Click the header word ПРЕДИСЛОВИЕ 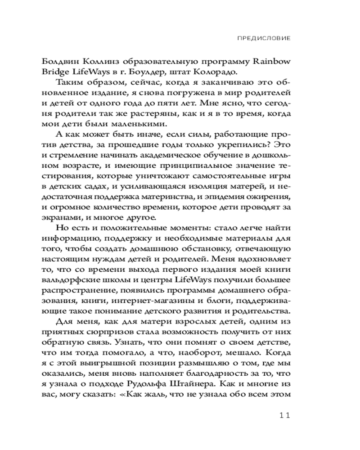click(263, 38)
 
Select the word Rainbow click(272, 62)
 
